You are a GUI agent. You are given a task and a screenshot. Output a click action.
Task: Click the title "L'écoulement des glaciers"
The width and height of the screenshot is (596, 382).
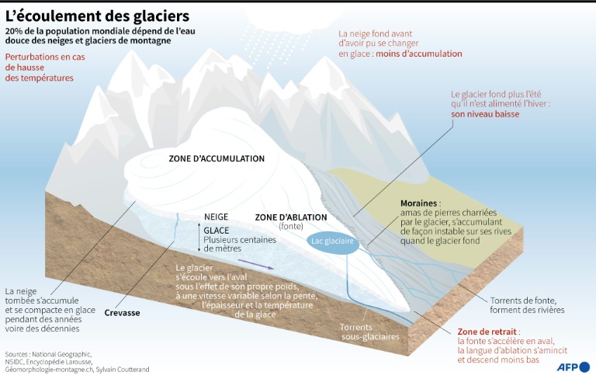click(96, 15)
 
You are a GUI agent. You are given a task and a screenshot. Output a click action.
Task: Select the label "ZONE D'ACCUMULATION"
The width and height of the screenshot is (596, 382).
click(217, 159)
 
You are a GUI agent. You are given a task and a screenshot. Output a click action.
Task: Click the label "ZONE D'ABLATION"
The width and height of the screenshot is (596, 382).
click(291, 217)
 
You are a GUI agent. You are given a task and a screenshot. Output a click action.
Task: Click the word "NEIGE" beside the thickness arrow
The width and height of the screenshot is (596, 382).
click(216, 217)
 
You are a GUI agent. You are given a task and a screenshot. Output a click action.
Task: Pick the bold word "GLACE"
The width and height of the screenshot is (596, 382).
click(217, 231)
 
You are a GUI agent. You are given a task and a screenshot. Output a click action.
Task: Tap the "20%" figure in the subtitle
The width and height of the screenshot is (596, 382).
click(16, 30)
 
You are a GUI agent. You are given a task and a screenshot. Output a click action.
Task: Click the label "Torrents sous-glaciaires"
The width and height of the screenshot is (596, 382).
click(369, 332)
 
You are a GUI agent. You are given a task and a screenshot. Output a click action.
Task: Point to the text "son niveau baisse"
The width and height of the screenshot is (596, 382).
click(485, 113)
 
